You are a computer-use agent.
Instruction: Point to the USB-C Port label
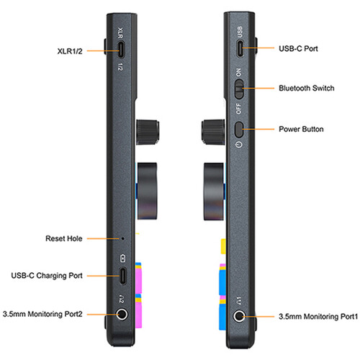pyautogui.click(x=298, y=49)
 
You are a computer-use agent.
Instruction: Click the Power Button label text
pyautogui.click(x=302, y=130)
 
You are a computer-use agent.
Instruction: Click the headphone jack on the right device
pyautogui.click(x=240, y=315)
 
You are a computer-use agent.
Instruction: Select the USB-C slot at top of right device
pyautogui.click(x=240, y=49)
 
